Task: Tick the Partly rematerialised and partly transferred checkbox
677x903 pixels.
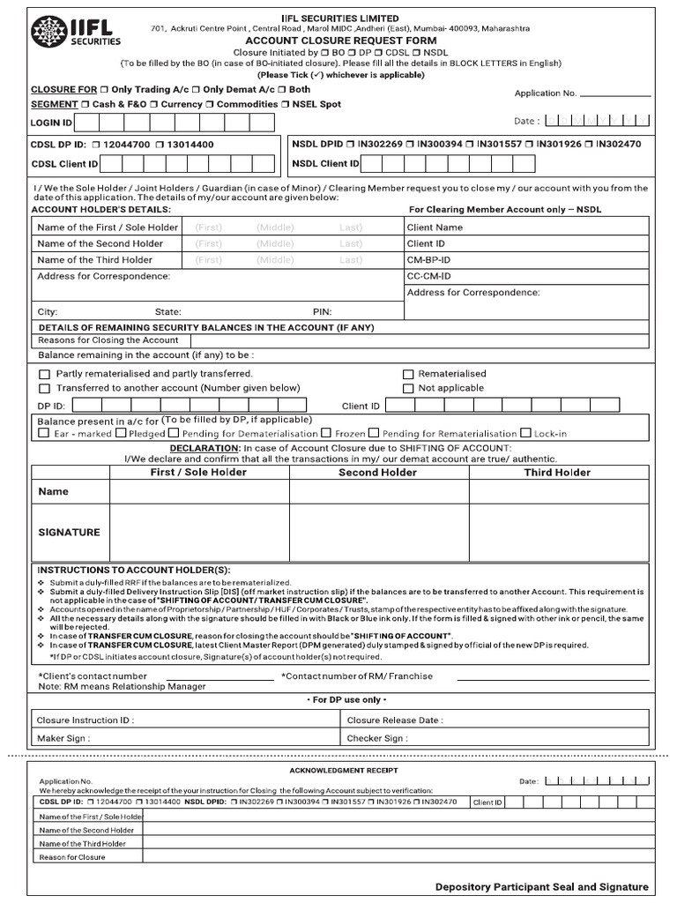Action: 44,374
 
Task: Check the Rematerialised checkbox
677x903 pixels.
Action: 408,374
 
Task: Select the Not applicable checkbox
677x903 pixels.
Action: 408,388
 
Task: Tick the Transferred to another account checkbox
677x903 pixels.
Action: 44,388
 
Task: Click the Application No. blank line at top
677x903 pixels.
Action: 615,93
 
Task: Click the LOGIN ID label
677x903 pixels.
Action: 52,123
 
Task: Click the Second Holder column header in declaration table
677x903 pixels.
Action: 378,473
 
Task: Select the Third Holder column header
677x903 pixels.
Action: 557,473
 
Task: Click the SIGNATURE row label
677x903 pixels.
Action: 69,533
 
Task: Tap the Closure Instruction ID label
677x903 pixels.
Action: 86,720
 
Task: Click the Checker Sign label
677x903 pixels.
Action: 377,738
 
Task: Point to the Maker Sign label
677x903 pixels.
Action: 63,738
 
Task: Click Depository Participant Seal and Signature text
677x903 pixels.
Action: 541,887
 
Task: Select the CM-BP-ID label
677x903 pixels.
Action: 428,260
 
